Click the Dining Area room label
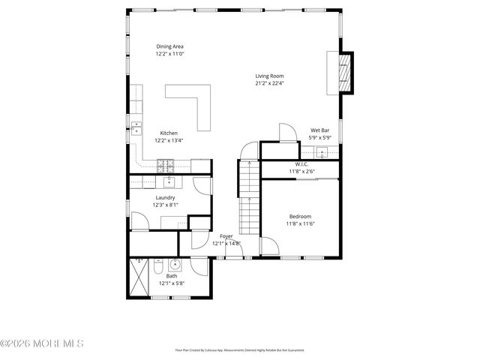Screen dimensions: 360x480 (170, 46)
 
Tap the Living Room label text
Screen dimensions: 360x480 (269, 76)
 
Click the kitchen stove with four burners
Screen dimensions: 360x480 (165, 165)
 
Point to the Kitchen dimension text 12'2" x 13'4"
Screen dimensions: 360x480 (169, 140)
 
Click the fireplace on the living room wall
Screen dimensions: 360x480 (345, 73)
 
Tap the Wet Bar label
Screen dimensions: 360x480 (320, 130)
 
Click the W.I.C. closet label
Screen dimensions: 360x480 (301, 164)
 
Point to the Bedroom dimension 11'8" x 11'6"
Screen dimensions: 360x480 (300, 223)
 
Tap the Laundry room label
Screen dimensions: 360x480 (166, 198)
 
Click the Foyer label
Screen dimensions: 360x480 (226, 236)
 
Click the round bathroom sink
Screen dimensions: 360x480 (175, 264)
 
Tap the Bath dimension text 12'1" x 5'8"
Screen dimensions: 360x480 (172, 283)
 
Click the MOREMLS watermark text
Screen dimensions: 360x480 (43, 343)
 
